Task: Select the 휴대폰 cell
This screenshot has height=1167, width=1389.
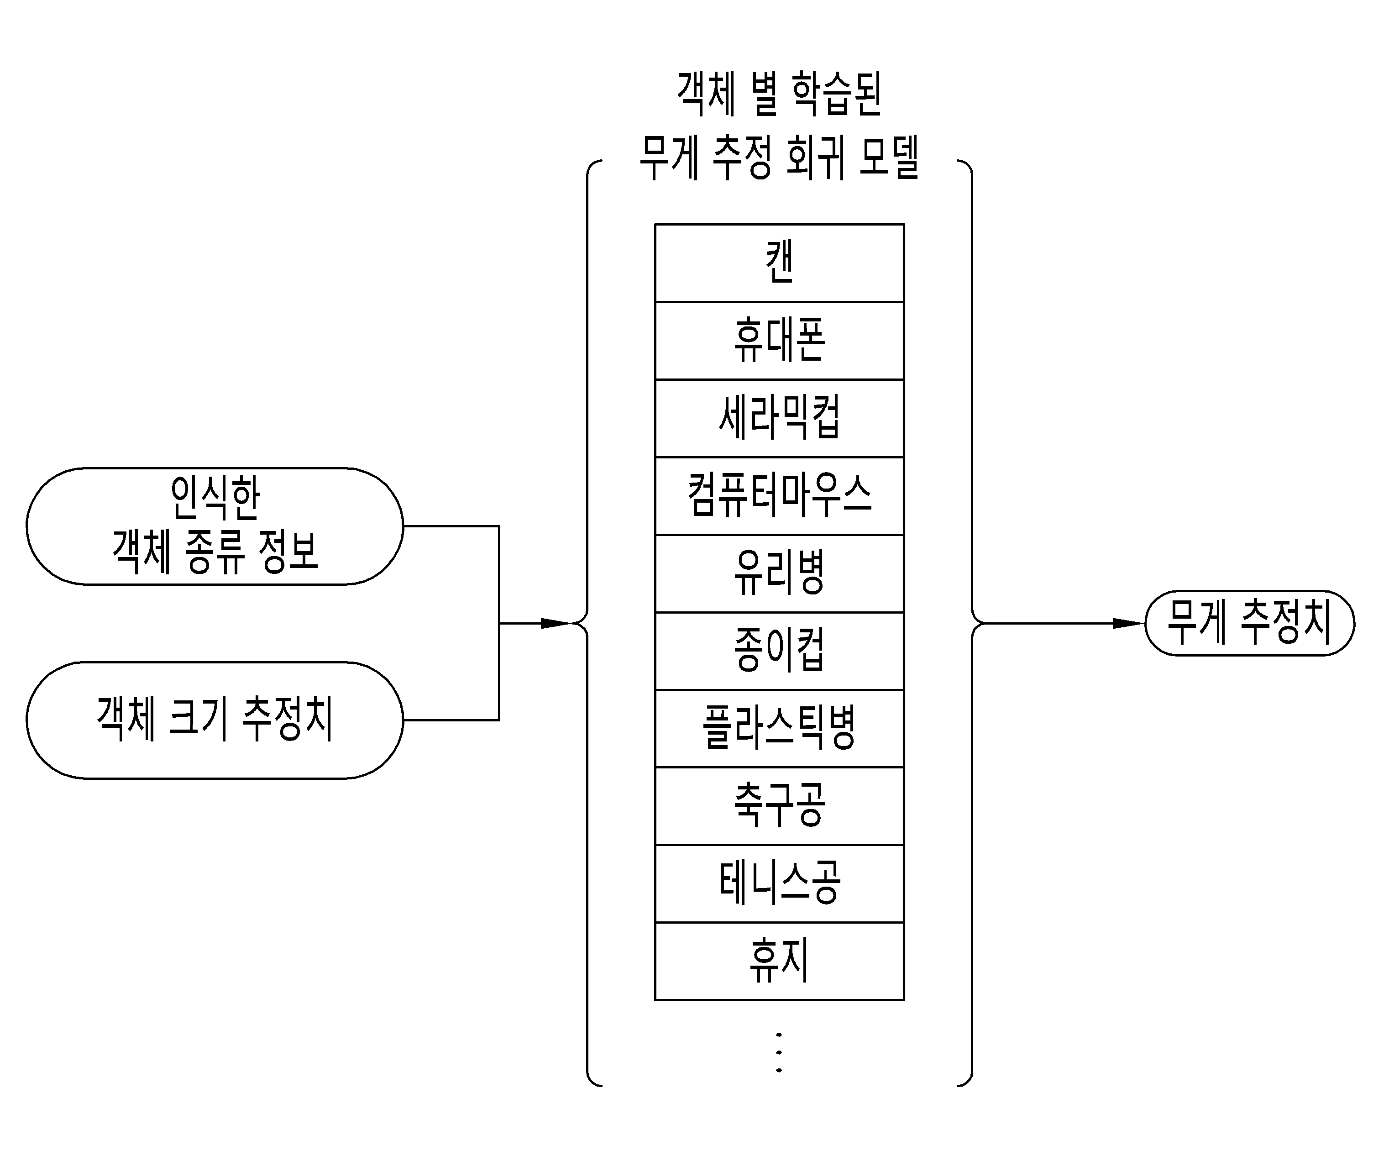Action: click(779, 341)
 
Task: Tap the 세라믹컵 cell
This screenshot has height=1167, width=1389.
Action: click(779, 418)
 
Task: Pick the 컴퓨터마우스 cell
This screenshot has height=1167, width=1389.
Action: click(779, 495)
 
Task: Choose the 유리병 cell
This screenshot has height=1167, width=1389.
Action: click(779, 573)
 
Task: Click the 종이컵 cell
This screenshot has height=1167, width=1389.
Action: click(779, 651)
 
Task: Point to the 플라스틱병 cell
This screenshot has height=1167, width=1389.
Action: click(779, 728)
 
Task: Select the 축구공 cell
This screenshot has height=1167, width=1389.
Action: click(779, 806)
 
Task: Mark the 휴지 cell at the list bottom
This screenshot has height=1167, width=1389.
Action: click(779, 961)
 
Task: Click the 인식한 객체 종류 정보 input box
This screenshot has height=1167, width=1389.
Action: click(215, 526)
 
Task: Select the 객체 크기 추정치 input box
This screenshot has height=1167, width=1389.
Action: click(215, 720)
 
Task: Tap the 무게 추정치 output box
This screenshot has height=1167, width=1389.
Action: click(1249, 623)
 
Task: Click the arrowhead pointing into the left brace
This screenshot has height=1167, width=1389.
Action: click(556, 623)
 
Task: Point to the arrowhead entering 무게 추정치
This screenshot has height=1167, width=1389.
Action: click(1128, 623)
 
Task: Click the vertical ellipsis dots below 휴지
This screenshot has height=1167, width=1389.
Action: click(779, 1052)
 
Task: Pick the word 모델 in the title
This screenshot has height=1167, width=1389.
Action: click(889, 158)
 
